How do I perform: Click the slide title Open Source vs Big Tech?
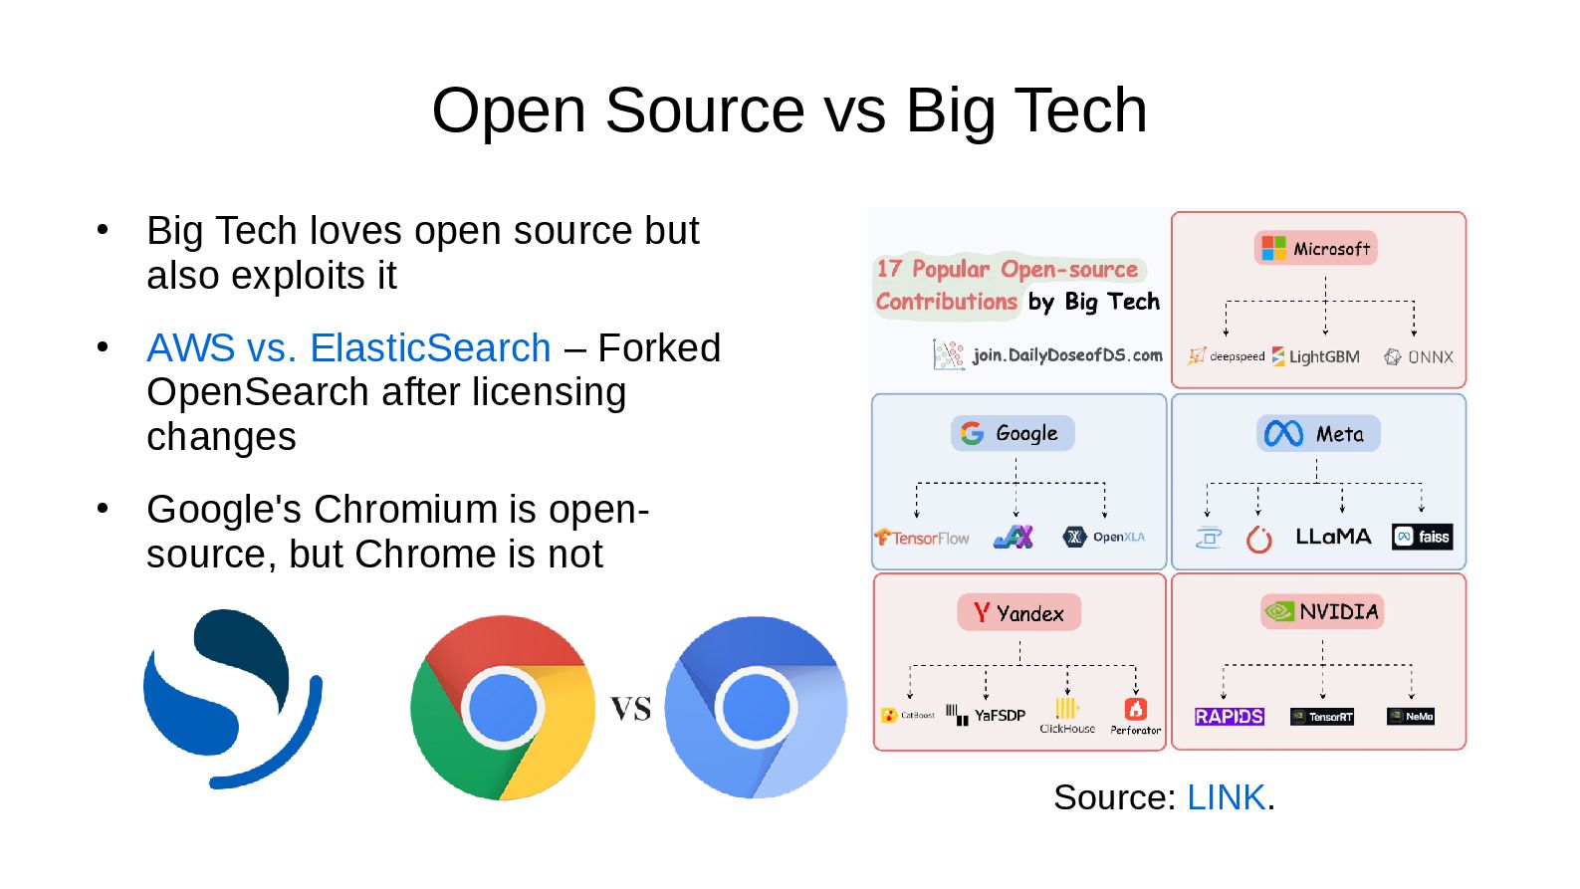789,110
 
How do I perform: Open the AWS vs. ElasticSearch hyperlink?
348,348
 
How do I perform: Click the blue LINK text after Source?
1226,797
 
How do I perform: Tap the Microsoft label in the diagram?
1315,249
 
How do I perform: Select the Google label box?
1013,433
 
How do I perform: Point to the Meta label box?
1317,434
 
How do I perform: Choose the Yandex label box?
1018,613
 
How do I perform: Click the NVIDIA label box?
1322,611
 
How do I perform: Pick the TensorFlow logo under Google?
922,538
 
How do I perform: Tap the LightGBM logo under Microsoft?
1315,356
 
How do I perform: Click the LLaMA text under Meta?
1333,537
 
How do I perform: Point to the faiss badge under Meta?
1423,538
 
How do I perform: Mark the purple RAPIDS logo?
1229,717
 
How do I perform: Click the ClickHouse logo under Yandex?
1067,716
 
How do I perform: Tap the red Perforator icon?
1136,709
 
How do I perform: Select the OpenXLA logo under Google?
1104,537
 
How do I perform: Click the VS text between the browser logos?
630,709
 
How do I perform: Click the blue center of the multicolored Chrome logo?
503,708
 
